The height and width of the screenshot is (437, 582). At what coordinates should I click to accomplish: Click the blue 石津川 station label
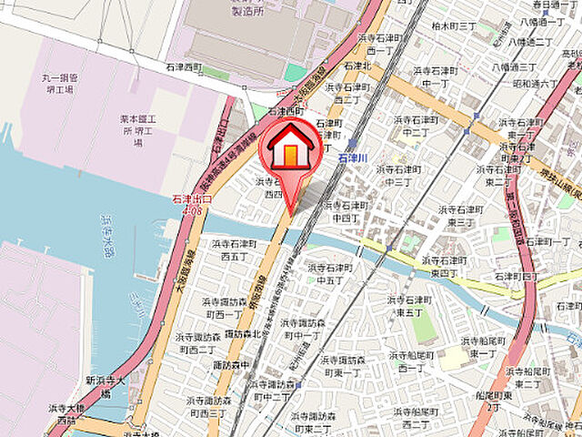click(x=351, y=158)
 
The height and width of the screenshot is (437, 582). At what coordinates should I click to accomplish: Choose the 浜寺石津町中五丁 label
click(x=328, y=274)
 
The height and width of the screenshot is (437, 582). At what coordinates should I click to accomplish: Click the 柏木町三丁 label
click(x=454, y=27)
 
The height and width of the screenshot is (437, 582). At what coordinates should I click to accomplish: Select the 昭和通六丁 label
click(x=536, y=84)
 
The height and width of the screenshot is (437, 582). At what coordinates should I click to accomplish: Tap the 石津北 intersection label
click(x=356, y=66)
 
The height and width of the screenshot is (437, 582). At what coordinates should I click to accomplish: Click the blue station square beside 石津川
click(x=352, y=143)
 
